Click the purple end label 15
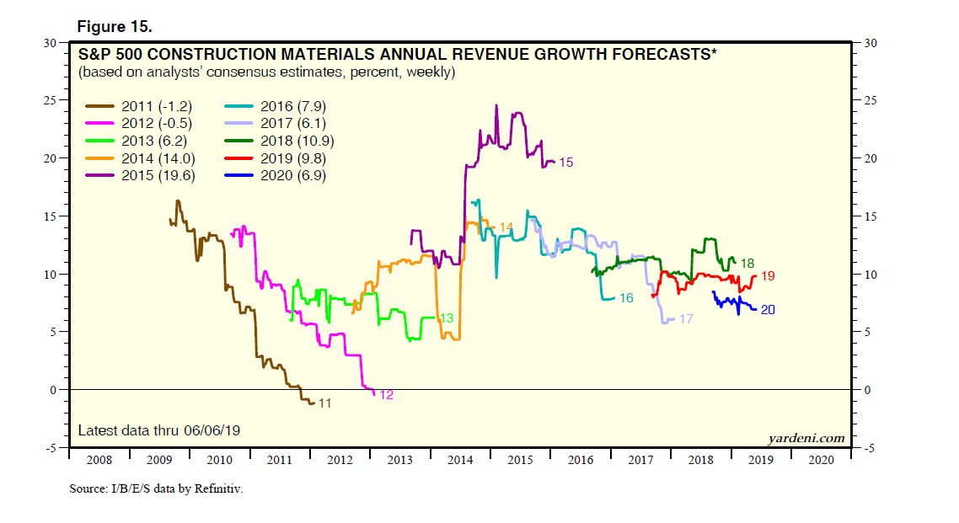pos(565,162)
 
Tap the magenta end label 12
pos(387,394)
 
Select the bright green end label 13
pos(447,318)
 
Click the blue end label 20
pos(768,310)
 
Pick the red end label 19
pos(768,276)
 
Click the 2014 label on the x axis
pos(460,461)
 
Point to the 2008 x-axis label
pos(98,461)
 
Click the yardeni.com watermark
pos(806,438)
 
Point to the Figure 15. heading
pos(115,27)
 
